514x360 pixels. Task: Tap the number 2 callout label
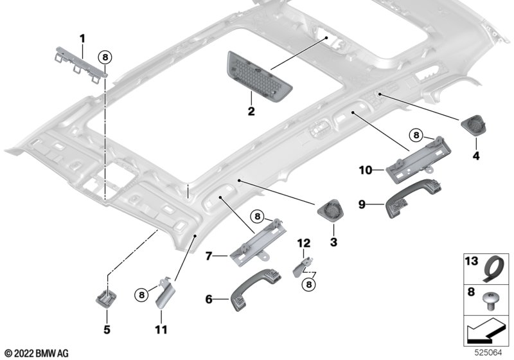[x=251, y=112]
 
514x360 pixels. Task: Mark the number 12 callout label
[x=303, y=242]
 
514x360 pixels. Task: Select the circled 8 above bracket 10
[x=416, y=135]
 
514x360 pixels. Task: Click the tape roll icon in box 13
[x=493, y=267]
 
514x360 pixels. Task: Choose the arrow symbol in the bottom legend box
[x=485, y=333]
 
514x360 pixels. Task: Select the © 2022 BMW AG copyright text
[x=36, y=352]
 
